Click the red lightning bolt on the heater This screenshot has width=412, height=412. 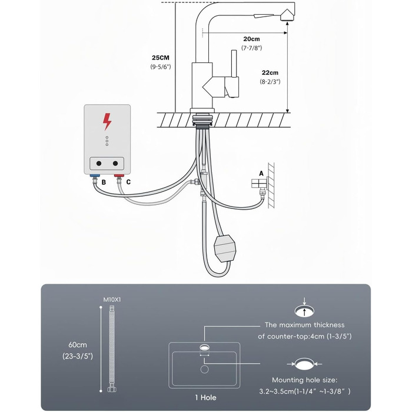click(107, 122)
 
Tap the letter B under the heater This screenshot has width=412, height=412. click(104, 182)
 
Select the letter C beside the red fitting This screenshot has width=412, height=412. click(128, 182)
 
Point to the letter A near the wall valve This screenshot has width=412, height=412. click(261, 174)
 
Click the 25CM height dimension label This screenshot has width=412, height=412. click(161, 58)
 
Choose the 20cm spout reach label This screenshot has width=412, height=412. click(251, 39)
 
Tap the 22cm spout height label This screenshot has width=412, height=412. click(270, 72)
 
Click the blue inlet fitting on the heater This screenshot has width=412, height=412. click(95, 175)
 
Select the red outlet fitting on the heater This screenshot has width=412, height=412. click(119, 175)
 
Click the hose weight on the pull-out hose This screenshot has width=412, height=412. click(225, 248)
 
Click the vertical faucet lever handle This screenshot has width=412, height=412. click(234, 64)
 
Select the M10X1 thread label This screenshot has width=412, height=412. click(112, 300)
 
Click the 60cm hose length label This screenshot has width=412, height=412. click(78, 345)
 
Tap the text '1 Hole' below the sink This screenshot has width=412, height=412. click(206, 397)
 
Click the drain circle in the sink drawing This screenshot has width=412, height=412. click(204, 369)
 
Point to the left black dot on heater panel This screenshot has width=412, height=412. click(99, 164)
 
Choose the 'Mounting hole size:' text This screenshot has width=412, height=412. click(304, 380)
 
